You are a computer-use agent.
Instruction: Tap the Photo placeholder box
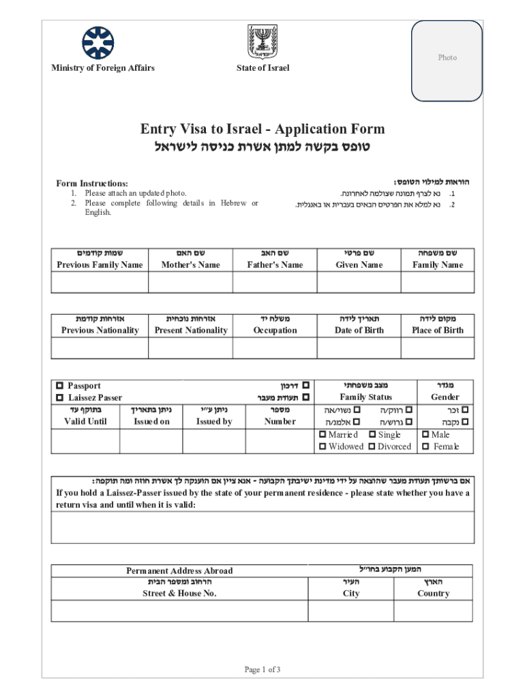point(447,58)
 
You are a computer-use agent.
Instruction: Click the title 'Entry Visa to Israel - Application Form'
point(262,129)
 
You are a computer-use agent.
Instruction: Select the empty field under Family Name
point(437,283)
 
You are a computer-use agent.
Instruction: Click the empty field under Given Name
point(359,283)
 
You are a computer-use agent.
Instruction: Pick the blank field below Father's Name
point(274,283)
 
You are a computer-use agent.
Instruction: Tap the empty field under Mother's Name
point(190,283)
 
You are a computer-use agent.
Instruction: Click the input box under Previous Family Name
point(100,283)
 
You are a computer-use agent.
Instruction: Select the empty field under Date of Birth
point(359,348)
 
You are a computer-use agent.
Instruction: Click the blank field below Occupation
point(275,348)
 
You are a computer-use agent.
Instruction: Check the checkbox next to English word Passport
point(60,386)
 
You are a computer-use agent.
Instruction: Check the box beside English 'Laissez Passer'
point(60,397)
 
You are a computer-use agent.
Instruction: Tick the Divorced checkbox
point(372,446)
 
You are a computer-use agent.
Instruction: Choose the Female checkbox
point(426,447)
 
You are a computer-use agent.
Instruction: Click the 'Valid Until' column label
point(85,421)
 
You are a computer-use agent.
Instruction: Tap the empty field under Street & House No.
point(180,611)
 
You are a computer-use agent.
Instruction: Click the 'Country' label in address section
point(434,594)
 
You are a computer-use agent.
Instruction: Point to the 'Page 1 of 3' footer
point(262,669)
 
